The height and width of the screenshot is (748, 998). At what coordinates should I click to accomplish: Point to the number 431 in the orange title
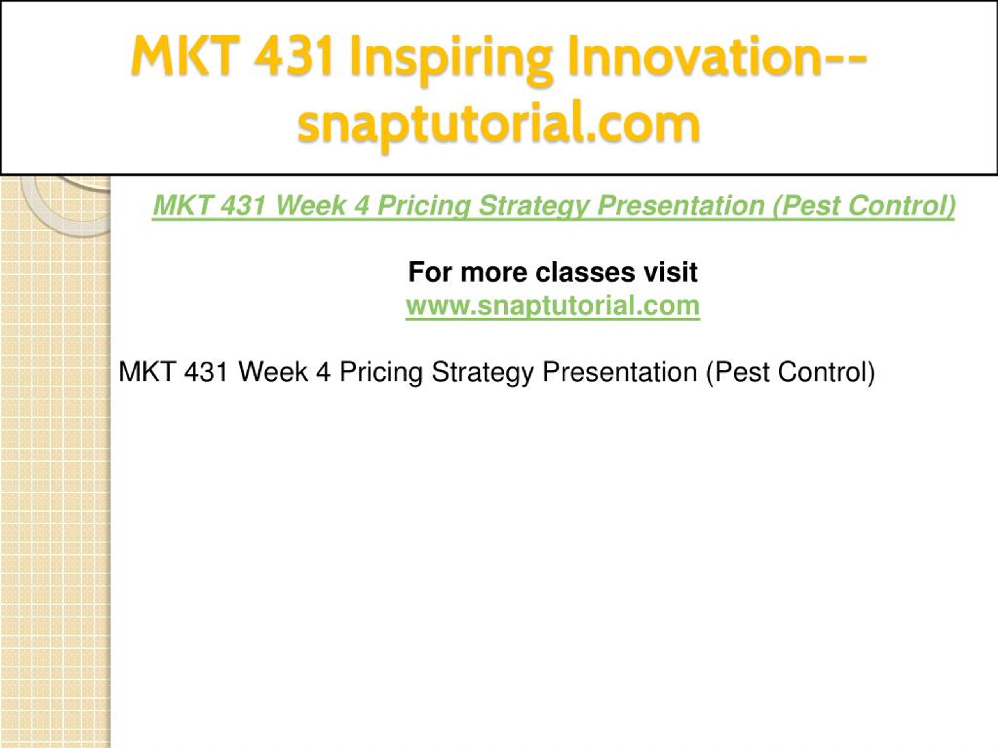(x=293, y=56)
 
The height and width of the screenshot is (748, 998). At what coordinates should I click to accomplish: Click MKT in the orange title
(x=186, y=56)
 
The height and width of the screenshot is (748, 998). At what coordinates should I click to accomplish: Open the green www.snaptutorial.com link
(x=553, y=306)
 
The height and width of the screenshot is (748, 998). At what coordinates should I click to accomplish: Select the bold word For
(x=430, y=272)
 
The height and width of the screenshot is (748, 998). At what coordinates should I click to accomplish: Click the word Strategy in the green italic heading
(x=533, y=206)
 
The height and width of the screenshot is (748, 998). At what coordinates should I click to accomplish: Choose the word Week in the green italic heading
(x=310, y=206)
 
